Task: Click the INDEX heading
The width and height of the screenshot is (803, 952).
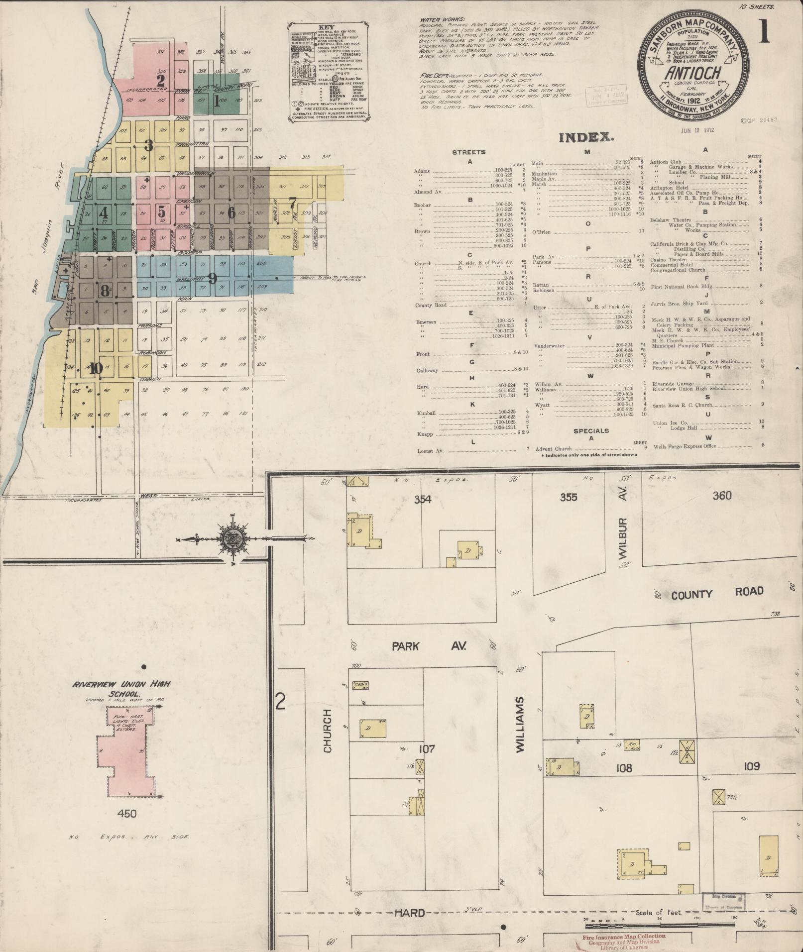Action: pos(585,137)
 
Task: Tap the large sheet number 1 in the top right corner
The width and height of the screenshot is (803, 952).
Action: pos(764,31)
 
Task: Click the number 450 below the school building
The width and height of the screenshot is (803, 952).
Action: pos(126,814)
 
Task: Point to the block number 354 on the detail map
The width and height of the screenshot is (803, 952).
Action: pos(422,500)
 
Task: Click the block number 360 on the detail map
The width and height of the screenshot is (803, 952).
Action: pos(722,495)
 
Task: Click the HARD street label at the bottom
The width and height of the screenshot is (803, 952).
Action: pos(410,913)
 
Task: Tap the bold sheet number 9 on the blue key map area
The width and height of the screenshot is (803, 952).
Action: pos(213,279)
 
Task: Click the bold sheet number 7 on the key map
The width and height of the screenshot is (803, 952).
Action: pos(292,203)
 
